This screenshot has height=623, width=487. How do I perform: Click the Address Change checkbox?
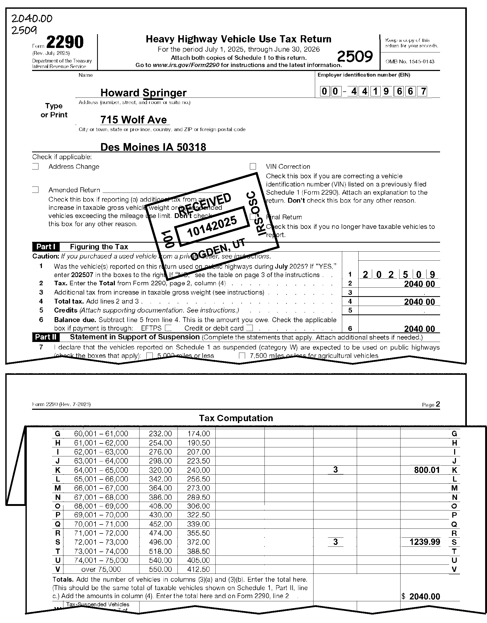tap(36, 166)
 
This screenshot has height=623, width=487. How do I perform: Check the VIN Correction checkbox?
tap(253, 166)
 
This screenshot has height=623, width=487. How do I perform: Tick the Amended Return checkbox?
tap(36, 190)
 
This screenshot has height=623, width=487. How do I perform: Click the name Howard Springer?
tap(144, 93)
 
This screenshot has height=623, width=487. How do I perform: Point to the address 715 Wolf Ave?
tap(133, 120)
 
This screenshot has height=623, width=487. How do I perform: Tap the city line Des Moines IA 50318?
tap(153, 147)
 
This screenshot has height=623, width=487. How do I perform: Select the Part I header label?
tap(46, 247)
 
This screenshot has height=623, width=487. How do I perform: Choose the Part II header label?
tap(46, 337)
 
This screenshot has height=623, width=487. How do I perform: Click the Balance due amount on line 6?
tap(419, 329)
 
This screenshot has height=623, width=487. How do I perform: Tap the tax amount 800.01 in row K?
tap(427, 470)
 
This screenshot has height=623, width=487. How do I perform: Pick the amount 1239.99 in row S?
tap(425, 542)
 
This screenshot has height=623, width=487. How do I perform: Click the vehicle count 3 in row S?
tap(335, 542)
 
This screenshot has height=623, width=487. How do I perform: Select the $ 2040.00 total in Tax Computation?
tap(421, 597)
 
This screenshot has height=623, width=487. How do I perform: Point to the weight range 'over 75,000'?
tap(101, 569)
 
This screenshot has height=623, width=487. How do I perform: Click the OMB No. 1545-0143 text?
tap(410, 62)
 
